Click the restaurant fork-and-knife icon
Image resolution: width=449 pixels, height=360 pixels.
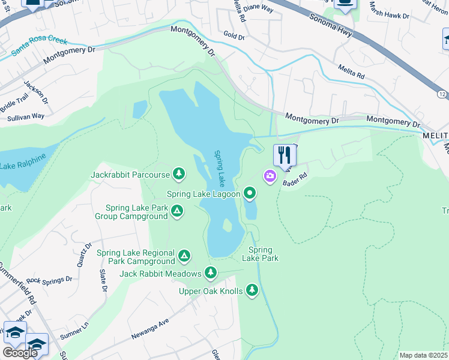click(x=284, y=155)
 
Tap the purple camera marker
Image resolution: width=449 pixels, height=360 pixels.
click(x=270, y=176)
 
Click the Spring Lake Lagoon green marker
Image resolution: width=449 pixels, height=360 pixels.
click(x=250, y=193)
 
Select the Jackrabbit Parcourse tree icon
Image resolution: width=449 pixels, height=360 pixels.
click(x=178, y=175)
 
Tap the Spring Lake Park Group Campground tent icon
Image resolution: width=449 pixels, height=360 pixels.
click(x=176, y=211)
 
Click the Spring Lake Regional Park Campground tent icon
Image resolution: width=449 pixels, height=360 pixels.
click(x=184, y=257)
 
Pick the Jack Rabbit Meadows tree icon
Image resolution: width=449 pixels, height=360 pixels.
click(x=210, y=273)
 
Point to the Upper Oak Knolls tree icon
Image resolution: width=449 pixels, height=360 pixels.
click(x=252, y=291)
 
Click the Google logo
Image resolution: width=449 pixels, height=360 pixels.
click(x=20, y=353)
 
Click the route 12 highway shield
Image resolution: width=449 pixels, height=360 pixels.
click(x=442, y=94)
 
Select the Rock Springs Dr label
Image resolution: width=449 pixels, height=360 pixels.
click(x=49, y=280)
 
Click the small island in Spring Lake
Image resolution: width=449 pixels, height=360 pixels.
click(x=227, y=225)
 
